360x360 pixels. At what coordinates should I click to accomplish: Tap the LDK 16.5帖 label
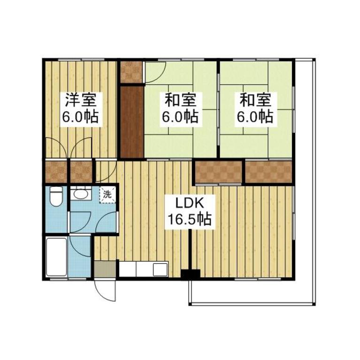tap(190, 212)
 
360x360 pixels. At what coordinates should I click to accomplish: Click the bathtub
tap(56, 257)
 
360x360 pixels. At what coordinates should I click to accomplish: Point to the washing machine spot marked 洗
tap(107, 195)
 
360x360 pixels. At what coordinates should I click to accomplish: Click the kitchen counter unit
tap(144, 269)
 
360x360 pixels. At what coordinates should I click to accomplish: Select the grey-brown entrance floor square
tap(105, 269)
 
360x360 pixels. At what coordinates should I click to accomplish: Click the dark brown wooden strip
tap(132, 122)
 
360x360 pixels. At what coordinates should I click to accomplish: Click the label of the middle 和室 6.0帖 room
tap(180, 108)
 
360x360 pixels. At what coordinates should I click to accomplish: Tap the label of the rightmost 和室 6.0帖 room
tap(255, 108)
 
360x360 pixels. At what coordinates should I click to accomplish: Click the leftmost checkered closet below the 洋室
tap(56, 172)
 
